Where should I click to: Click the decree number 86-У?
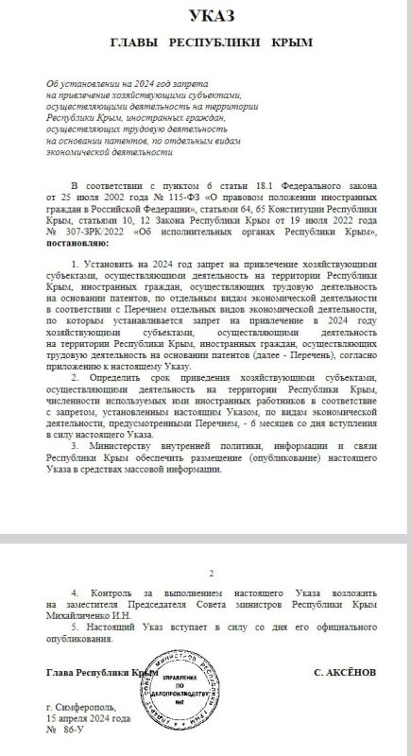74,731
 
